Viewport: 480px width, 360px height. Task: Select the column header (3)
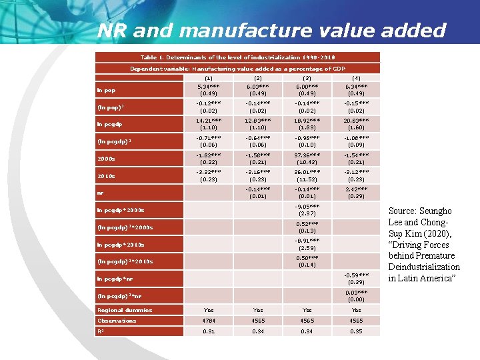coord(307,77)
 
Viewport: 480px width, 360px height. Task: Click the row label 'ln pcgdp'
coord(109,123)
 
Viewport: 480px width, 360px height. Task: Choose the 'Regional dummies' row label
coord(125,309)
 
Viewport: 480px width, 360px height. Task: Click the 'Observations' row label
coord(117,321)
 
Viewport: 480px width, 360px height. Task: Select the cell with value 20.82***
coord(356,119)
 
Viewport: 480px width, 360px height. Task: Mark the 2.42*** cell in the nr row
coord(356,189)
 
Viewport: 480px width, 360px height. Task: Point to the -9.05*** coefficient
coord(307,206)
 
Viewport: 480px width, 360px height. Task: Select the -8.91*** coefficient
coord(307,240)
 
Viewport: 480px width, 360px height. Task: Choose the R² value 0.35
coord(356,332)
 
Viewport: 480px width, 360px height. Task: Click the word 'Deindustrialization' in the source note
coord(424,267)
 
